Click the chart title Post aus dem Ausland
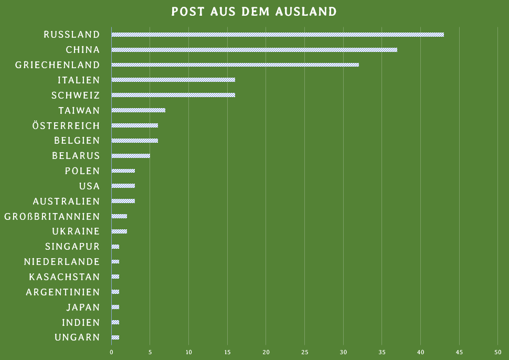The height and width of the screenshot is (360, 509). click(254, 12)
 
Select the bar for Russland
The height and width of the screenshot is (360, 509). click(278, 35)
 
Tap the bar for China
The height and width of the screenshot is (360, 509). click(254, 50)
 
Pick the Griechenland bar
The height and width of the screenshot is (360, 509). click(235, 65)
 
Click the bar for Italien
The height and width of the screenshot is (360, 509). click(173, 80)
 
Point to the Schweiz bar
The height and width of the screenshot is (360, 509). click(173, 96)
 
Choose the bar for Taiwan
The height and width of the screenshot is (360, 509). click(139, 110)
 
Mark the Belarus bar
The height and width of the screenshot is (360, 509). click(131, 156)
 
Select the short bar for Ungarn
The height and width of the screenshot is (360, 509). click(115, 337)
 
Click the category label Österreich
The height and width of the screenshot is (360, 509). click(66, 126)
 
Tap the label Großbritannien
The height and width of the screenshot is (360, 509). click(52, 217)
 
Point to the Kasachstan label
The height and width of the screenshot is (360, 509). click(65, 277)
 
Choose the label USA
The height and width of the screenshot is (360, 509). click(89, 186)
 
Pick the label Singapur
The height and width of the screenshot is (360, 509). click(72, 247)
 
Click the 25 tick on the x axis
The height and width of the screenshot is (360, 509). click(304, 352)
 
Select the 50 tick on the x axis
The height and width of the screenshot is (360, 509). click(497, 352)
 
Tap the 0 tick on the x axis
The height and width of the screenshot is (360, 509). click(111, 352)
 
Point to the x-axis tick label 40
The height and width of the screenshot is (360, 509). click(420, 352)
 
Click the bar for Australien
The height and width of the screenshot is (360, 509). click(123, 201)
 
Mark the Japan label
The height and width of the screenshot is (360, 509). click(83, 308)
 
